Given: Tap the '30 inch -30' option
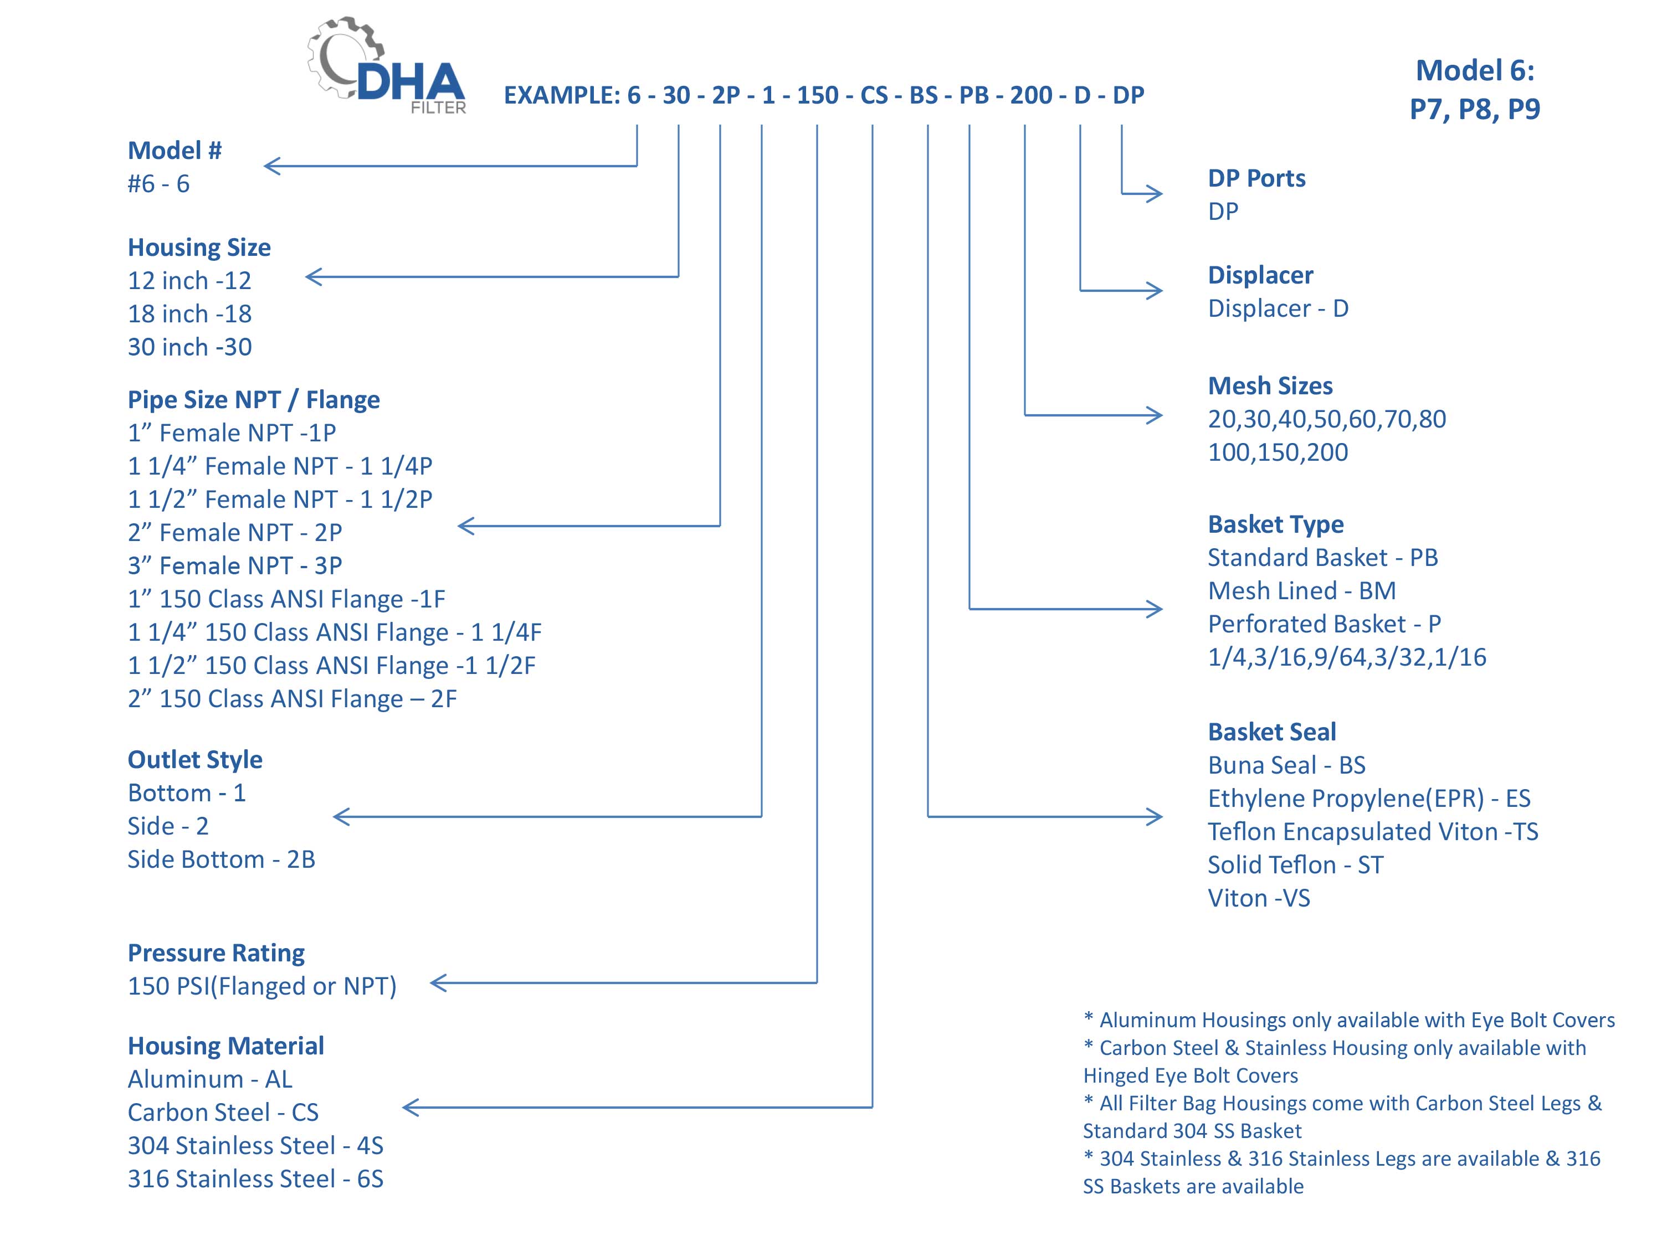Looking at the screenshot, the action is pyautogui.click(x=189, y=347).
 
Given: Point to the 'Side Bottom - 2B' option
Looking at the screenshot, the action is pyautogui.click(x=222, y=859).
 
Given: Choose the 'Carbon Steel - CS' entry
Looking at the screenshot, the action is pyautogui.click(x=223, y=1113).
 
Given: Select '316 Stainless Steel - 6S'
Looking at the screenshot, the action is pyautogui.click(x=255, y=1179).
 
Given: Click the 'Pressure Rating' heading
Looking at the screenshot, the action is pyautogui.click(x=217, y=953).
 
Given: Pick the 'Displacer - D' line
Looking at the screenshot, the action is pyautogui.click(x=1278, y=308).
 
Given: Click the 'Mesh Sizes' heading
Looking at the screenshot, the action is pyautogui.click(x=1270, y=386).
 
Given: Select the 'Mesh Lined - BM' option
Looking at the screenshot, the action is pyautogui.click(x=1302, y=591).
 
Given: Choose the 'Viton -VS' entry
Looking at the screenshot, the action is pyautogui.click(x=1259, y=898).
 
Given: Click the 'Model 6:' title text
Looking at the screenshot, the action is pyautogui.click(x=1475, y=70).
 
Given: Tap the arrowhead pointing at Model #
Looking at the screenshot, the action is pyautogui.click(x=272, y=166).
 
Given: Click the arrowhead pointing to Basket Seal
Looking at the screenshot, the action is pyautogui.click(x=1154, y=816).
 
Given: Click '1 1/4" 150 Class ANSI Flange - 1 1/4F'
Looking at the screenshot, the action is pyautogui.click(x=335, y=632).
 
